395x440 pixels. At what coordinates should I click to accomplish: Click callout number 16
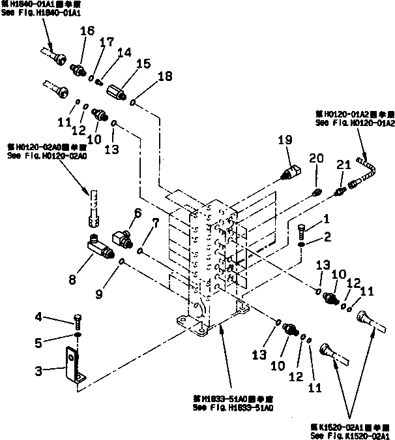click(x=87, y=31)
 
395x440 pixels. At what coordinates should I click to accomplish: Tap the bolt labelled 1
click(x=302, y=230)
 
